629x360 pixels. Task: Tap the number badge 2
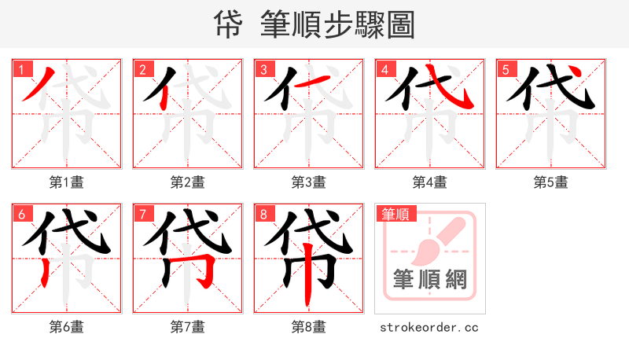142,70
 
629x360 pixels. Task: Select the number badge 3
263,70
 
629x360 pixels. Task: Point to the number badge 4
384,70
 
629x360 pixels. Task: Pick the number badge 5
506,70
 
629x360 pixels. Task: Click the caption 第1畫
67,182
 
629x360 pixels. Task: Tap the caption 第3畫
309,182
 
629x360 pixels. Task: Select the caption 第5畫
551,182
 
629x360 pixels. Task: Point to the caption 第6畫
67,327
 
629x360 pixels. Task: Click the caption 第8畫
309,327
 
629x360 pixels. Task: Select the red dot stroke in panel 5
576,74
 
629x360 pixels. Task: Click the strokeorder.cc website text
429,327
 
